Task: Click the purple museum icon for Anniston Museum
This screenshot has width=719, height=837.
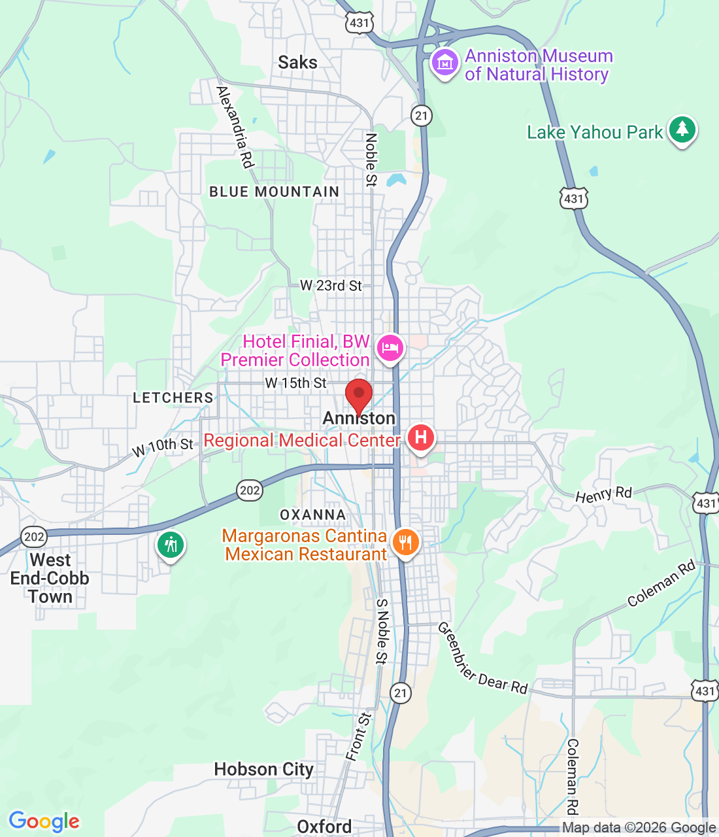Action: tap(445, 63)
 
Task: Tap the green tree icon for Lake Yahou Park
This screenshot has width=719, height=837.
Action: tap(682, 129)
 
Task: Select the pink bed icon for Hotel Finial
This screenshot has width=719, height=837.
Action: tap(390, 348)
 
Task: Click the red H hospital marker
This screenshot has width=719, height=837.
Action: tap(421, 437)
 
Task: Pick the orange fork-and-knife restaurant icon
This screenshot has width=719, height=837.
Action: tap(406, 542)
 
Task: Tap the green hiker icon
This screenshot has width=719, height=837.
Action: tap(171, 544)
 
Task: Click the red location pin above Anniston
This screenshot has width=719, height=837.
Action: tap(358, 395)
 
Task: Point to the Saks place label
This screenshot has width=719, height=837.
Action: tap(297, 63)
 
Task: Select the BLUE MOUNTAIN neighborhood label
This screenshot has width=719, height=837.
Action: tap(275, 192)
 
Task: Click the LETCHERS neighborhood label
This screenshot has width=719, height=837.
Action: tap(173, 398)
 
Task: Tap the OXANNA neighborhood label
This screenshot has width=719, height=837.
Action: tap(312, 515)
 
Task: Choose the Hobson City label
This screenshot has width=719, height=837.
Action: tap(263, 770)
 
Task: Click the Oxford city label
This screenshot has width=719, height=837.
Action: tap(324, 827)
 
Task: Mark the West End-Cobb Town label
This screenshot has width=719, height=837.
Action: tap(50, 579)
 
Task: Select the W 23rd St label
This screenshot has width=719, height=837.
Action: tap(331, 286)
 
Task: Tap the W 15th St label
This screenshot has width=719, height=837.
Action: tap(295, 383)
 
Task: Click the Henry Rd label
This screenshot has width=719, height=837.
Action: tap(603, 494)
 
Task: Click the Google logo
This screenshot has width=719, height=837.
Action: tap(44, 821)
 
